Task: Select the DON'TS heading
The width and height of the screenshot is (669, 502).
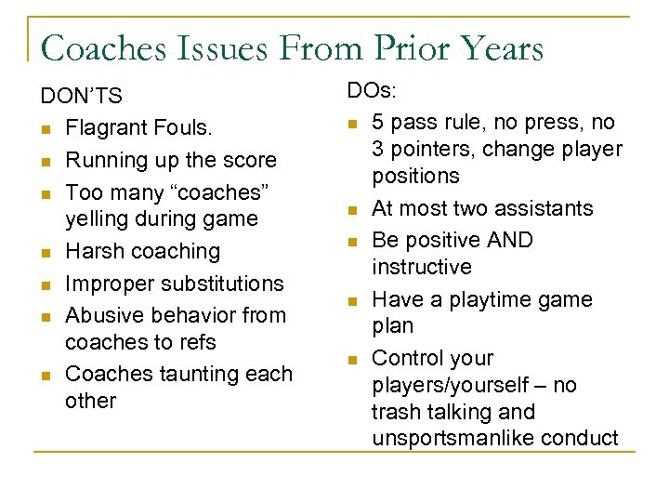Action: coord(81,96)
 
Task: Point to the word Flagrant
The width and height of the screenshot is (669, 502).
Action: coord(106,128)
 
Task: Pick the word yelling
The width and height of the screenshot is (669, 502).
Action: coord(97,219)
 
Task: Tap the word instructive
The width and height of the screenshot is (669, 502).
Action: coord(421,267)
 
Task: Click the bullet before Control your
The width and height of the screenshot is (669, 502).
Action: coord(352,359)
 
